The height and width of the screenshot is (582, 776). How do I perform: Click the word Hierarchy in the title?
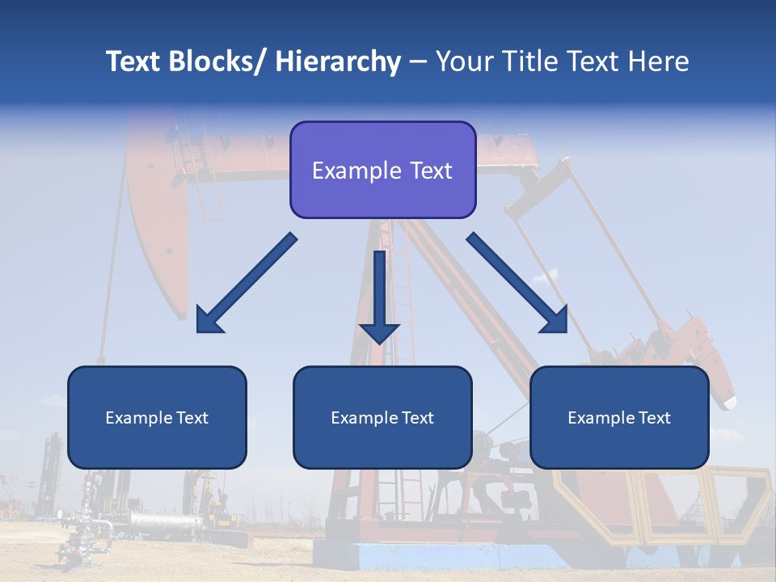click(338, 61)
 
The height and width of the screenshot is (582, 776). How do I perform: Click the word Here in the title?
click(657, 61)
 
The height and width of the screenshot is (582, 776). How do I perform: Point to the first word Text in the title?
click(133, 61)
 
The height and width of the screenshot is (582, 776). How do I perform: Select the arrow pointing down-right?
click(517, 283)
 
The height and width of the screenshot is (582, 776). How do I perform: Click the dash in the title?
click(418, 61)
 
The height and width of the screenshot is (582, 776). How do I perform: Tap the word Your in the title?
click(462, 61)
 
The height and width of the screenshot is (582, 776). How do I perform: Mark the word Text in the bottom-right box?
click(655, 418)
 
